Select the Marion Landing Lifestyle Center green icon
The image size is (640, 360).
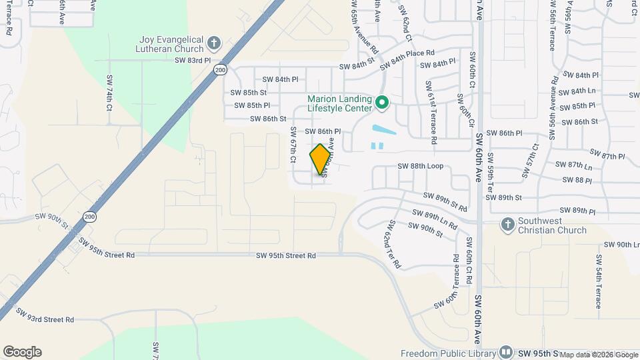(382, 103)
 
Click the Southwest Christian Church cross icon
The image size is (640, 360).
(508, 225)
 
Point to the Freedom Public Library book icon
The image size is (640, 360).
(506, 352)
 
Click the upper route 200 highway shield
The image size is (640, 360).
(220, 69)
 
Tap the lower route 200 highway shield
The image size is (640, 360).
(90, 216)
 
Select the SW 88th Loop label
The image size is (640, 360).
(420, 166)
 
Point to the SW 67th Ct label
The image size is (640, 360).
(292, 145)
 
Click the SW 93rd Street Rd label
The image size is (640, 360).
(45, 319)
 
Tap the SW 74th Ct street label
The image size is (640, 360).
(109, 98)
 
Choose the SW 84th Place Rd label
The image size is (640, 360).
(407, 59)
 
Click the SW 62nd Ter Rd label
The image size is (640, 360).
(391, 246)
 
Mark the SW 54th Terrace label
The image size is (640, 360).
(599, 281)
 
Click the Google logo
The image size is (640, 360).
(22, 352)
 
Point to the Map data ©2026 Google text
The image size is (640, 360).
(598, 355)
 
